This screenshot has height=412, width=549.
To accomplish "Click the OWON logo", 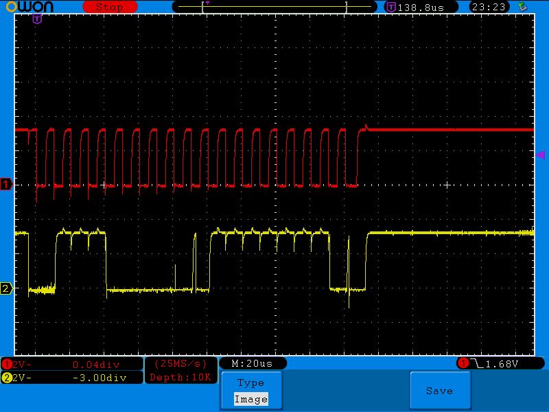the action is [x=30, y=6].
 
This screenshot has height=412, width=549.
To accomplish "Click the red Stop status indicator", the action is [x=110, y=7].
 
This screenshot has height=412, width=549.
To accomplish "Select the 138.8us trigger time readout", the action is [x=421, y=8].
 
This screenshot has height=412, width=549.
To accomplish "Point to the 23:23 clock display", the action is [x=489, y=7].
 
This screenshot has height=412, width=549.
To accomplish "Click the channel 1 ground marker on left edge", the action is [x=6, y=184].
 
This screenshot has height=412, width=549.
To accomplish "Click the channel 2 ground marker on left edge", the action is [x=6, y=288].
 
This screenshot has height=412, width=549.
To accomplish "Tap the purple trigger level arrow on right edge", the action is [x=541, y=154].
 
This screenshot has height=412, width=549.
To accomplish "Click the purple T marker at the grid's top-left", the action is [x=37, y=19].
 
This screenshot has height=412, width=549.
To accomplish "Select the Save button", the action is [x=440, y=391].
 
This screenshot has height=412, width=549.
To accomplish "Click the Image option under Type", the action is [x=251, y=399].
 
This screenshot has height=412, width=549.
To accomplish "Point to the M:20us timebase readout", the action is [x=252, y=364].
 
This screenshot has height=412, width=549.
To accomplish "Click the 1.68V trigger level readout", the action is [x=502, y=364].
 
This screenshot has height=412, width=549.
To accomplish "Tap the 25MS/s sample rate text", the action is [x=180, y=364].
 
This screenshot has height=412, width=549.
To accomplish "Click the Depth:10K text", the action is [x=180, y=377].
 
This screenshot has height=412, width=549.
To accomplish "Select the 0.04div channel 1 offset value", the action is [x=96, y=365].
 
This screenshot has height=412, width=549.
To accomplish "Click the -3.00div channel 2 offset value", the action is [x=100, y=378].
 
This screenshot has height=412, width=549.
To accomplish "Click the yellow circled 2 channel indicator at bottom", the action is [x=7, y=378].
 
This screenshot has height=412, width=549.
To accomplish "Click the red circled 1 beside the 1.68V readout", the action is [x=463, y=363].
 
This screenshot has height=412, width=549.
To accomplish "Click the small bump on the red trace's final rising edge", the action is [x=366, y=127].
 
